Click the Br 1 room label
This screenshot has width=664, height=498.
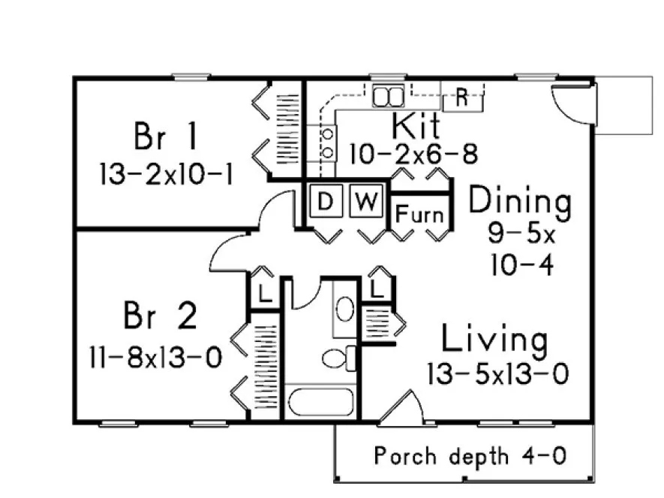pyautogui.click(x=166, y=137)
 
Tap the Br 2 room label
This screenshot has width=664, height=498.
pyautogui.click(x=160, y=317)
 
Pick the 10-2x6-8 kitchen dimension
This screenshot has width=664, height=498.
pyautogui.click(x=413, y=154)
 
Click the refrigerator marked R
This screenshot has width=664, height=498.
pyautogui.click(x=462, y=97)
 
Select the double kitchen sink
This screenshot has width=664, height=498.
pyautogui.click(x=389, y=96)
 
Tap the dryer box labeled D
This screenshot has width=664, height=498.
pyautogui.click(x=325, y=201)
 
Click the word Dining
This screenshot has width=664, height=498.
pyautogui.click(x=519, y=202)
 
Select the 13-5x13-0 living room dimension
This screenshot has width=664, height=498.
pyautogui.click(x=497, y=373)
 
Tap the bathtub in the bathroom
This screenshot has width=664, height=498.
pyautogui.click(x=320, y=403)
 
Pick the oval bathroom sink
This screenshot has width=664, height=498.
pyautogui.click(x=344, y=308)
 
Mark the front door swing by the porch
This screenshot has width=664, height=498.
pyautogui.click(x=398, y=407)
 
